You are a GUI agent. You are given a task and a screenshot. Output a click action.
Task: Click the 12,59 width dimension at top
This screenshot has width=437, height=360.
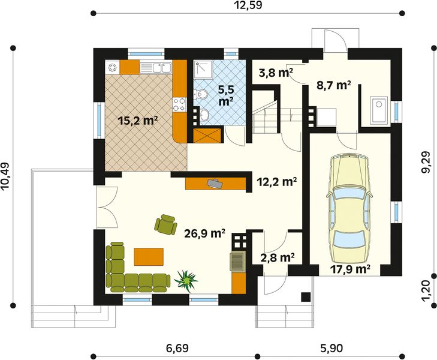coord(248,5)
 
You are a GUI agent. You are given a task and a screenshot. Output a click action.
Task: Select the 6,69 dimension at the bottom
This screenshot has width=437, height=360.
coord(177,348)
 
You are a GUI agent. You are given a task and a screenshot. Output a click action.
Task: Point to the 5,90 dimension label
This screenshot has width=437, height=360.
coord(331,348)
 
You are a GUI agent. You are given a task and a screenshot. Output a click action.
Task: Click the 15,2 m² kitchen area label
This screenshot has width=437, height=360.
coord(138,121)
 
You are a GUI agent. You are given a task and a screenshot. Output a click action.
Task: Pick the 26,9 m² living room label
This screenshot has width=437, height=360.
coord(205,233)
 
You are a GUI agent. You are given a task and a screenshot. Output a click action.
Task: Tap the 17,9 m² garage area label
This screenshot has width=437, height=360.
coord(350,269)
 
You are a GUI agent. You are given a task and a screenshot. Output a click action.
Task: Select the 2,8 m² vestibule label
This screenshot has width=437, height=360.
coord(278,257)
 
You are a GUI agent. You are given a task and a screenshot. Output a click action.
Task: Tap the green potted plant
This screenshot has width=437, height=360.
coord(186,281)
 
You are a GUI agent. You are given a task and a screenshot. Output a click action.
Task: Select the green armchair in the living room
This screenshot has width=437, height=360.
coord(166,225)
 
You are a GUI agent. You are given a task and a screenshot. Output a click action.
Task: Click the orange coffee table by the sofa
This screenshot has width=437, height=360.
coord(149,257)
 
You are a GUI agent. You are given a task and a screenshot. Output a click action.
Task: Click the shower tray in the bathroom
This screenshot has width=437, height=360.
coord(204,69)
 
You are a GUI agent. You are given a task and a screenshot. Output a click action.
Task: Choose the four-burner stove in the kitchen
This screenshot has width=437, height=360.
coord(179,104)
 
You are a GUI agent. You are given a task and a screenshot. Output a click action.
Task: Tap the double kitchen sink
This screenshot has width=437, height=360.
coord(155,68)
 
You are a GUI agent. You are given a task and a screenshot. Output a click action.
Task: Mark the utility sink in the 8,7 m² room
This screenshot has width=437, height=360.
coord(379,110)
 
